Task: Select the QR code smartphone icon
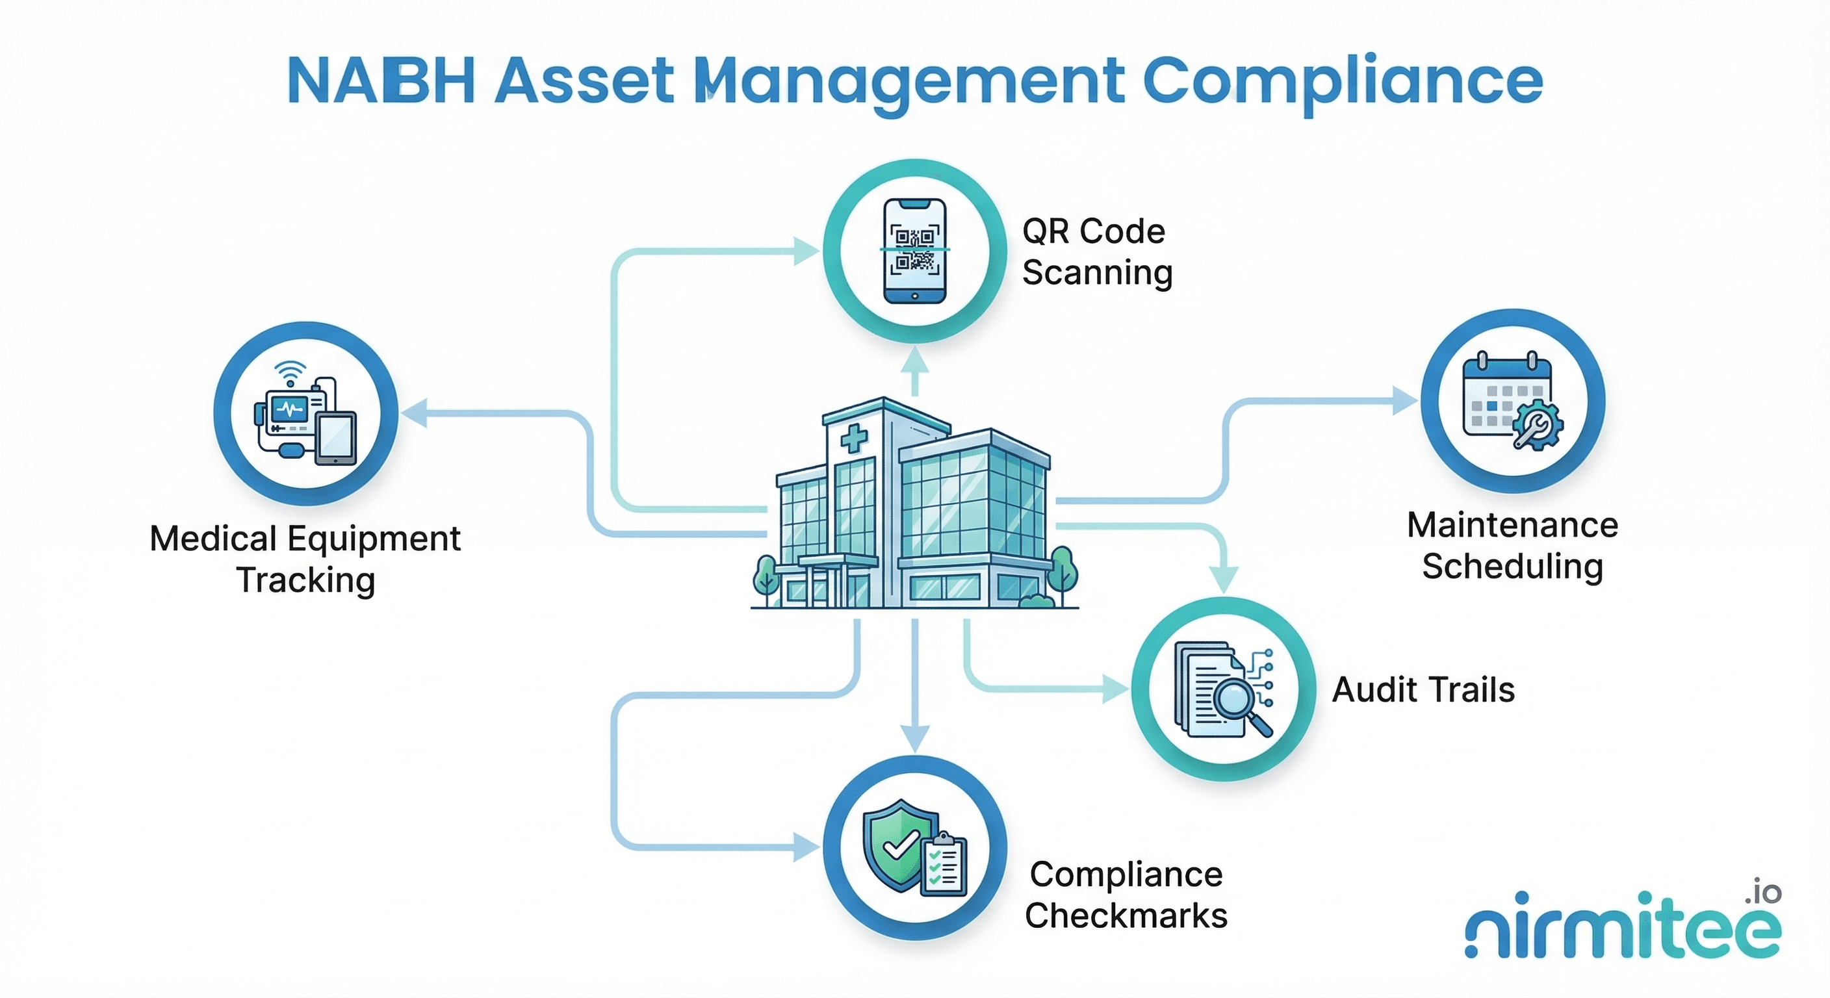(x=914, y=251)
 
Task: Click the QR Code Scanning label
(x=1096, y=252)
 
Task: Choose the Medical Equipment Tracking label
(x=305, y=559)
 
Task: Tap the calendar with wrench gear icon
(x=1512, y=402)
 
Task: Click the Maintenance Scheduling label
(x=1512, y=546)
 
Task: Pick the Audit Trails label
(x=1423, y=690)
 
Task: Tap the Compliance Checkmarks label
(x=1126, y=895)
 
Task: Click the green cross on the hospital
(x=853, y=439)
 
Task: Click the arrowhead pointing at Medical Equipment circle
(x=414, y=413)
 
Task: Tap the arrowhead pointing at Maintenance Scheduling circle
(x=1405, y=401)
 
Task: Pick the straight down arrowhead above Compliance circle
(x=914, y=739)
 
